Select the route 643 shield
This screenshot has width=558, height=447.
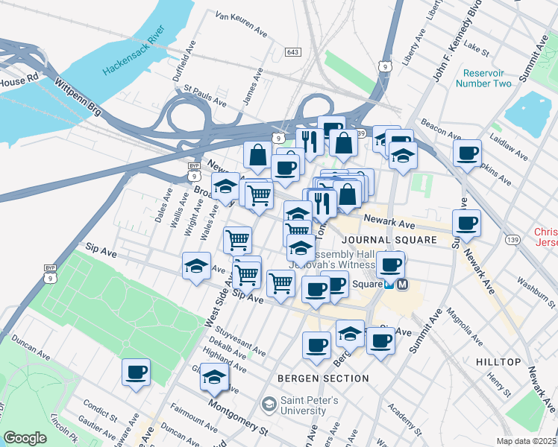click(292, 51)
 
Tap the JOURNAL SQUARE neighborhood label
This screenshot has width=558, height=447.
click(389, 240)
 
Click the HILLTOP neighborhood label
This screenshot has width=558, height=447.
click(498, 362)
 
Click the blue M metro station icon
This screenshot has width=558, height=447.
click(403, 284)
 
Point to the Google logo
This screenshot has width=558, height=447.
click(25, 438)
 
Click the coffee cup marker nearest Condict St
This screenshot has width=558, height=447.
click(136, 372)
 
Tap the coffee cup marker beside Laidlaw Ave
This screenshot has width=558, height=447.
click(468, 154)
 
